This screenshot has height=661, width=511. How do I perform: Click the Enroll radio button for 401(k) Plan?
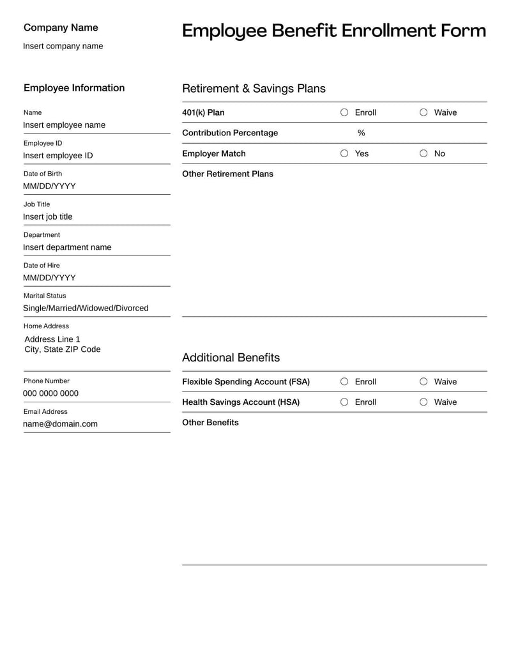(x=344, y=112)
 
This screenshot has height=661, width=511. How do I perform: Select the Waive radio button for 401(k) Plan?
(x=423, y=112)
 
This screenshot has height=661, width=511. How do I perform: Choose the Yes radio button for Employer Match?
(x=344, y=153)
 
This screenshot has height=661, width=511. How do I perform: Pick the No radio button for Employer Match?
(x=423, y=153)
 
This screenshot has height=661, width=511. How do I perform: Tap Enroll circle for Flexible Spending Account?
(x=344, y=382)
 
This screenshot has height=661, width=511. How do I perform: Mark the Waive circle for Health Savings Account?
(x=423, y=402)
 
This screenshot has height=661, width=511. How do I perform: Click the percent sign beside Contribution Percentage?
(x=361, y=133)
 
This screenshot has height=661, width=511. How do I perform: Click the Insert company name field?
(x=63, y=46)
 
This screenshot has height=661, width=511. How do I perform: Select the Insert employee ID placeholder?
(x=57, y=156)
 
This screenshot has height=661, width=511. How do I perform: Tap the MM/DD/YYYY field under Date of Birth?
(x=49, y=186)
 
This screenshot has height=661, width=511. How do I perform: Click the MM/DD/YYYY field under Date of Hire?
(x=49, y=278)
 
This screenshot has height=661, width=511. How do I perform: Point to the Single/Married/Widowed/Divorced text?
(x=86, y=308)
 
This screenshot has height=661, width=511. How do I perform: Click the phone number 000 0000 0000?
(x=50, y=393)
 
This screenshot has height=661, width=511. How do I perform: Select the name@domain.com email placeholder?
(x=60, y=424)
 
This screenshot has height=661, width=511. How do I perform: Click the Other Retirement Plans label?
(x=227, y=174)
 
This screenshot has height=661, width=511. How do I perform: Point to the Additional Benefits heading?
(x=231, y=358)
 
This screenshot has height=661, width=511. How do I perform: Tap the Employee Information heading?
(x=74, y=88)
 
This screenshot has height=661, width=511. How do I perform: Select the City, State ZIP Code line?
(x=62, y=350)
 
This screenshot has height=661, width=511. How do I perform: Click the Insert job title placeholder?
(x=48, y=217)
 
